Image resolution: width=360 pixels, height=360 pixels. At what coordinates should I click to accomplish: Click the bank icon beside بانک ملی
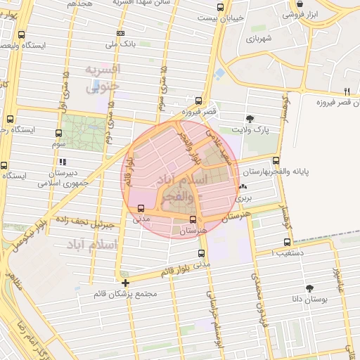tap(123, 34)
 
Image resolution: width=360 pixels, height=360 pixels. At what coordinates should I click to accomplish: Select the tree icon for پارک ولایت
tap(250, 118)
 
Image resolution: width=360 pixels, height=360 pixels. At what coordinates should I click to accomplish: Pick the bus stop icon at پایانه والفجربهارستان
tap(276, 160)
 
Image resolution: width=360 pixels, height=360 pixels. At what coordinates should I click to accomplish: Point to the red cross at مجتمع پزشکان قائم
tap(125, 283)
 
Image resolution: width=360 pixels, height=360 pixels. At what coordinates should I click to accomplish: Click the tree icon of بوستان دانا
tap(309, 288)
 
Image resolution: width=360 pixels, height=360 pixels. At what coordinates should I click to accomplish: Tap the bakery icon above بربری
tap(243, 186)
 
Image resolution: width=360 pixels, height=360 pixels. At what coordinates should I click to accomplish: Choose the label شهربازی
tap(261, 38)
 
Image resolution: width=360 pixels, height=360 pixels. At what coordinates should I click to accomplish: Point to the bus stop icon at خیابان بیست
tap(221, 8)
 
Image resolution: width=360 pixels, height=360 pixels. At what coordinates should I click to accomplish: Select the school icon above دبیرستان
tap(53, 161)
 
